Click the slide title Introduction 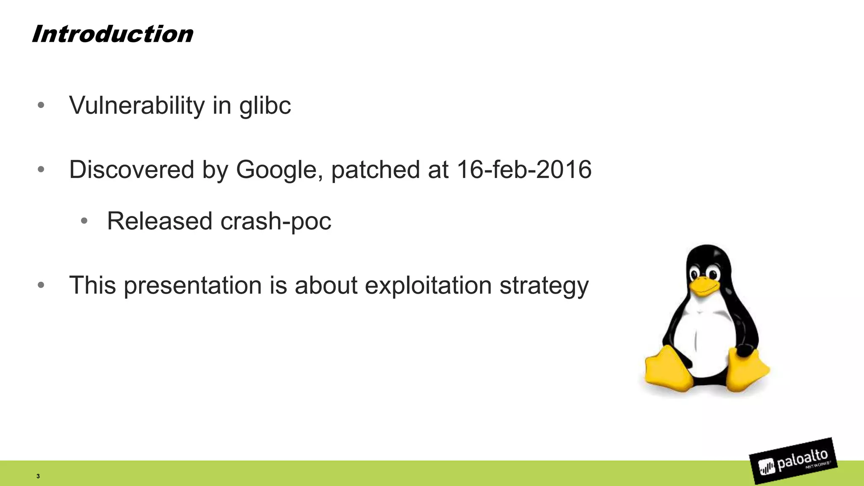pyautogui.click(x=112, y=34)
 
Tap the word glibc pyautogui.click(x=265, y=105)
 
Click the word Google pyautogui.click(x=276, y=170)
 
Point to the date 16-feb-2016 pyautogui.click(x=524, y=170)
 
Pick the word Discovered pyautogui.click(x=132, y=170)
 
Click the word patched pyautogui.click(x=375, y=170)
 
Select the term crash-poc pyautogui.click(x=275, y=221)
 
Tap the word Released pyautogui.click(x=159, y=221)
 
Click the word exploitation pyautogui.click(x=428, y=286)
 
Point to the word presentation pyautogui.click(x=193, y=286)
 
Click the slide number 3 pyautogui.click(x=38, y=476)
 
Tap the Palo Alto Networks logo pyautogui.click(x=793, y=461)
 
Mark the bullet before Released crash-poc pyautogui.click(x=84, y=221)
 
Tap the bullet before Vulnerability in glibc pyautogui.click(x=41, y=105)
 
